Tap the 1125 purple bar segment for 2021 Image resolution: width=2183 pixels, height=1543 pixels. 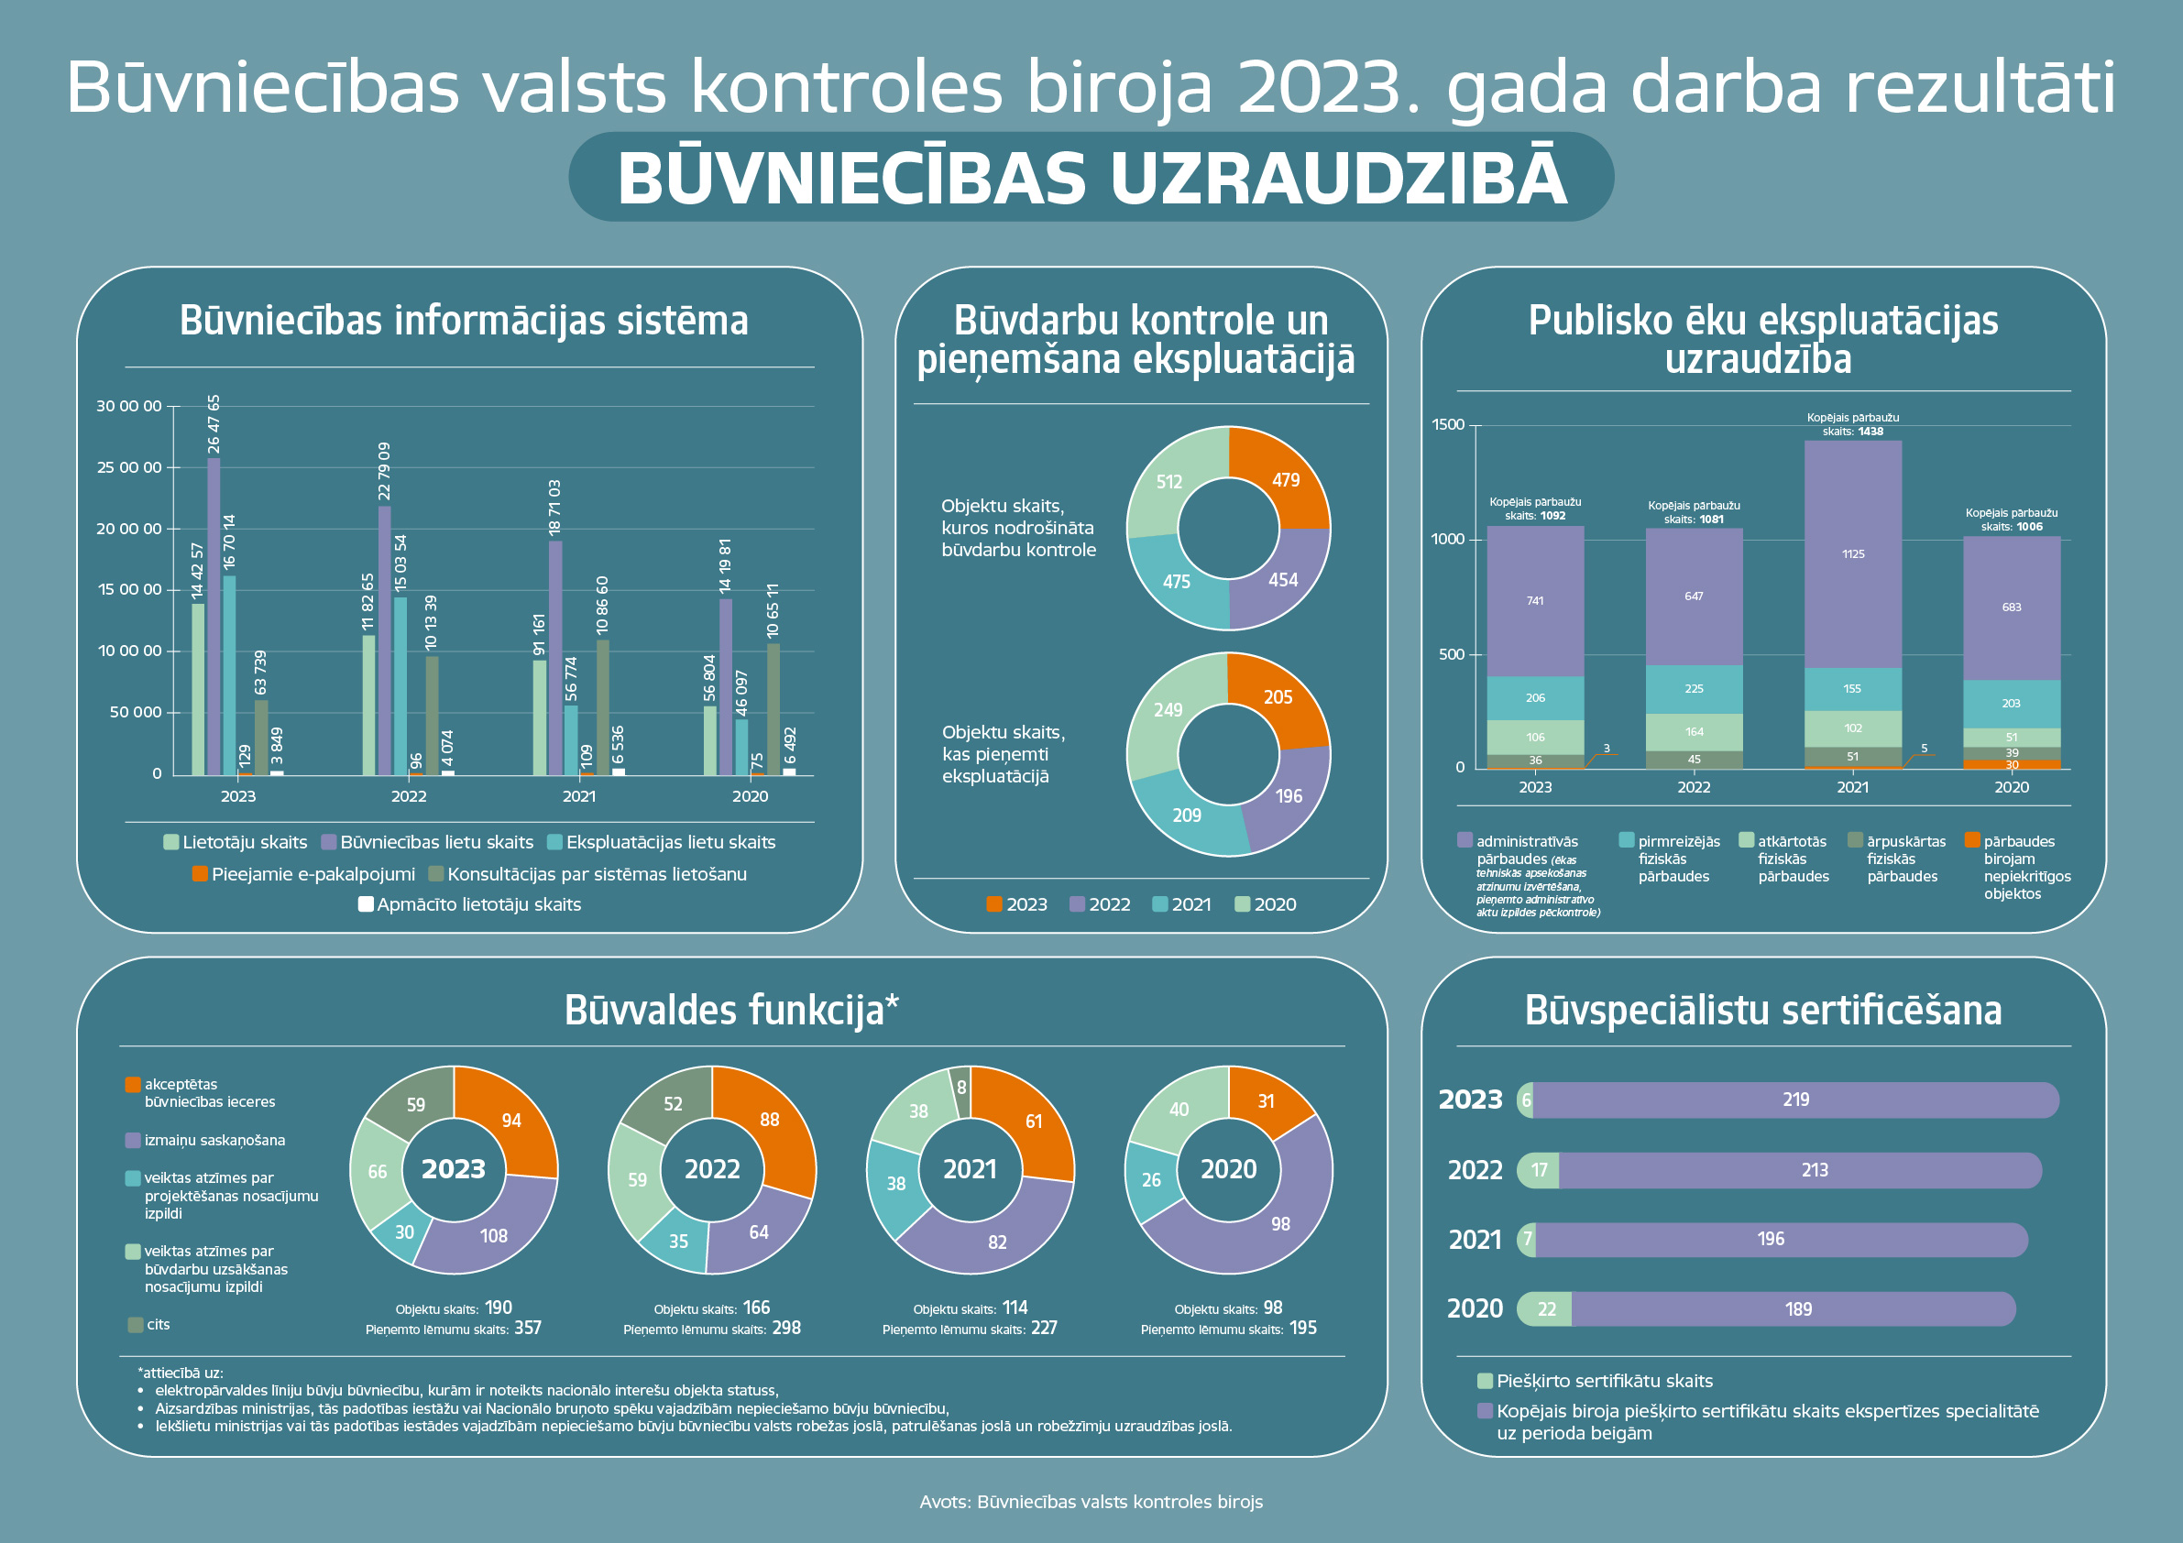pyautogui.click(x=1852, y=554)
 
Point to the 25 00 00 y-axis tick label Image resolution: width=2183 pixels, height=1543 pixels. pyautogui.click(x=129, y=467)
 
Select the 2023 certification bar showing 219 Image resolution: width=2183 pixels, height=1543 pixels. pyautogui.click(x=1795, y=1100)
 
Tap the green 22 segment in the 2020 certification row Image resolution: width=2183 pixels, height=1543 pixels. pyautogui.click(x=1546, y=1309)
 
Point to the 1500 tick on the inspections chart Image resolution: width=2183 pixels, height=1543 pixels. pyautogui.click(x=1448, y=425)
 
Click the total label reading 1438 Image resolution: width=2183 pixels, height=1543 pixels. pyautogui.click(x=1870, y=432)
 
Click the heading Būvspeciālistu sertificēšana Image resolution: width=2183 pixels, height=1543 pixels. pyautogui.click(x=1762, y=1011)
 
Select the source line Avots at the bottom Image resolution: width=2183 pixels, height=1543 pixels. pyautogui.click(x=1091, y=1502)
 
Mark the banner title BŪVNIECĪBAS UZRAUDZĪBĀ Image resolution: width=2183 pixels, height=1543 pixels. pyautogui.click(x=1091, y=178)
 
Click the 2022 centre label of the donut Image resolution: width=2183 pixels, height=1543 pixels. pyautogui.click(x=712, y=1169)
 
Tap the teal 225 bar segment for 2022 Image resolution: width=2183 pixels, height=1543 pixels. pyautogui.click(x=1694, y=688)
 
